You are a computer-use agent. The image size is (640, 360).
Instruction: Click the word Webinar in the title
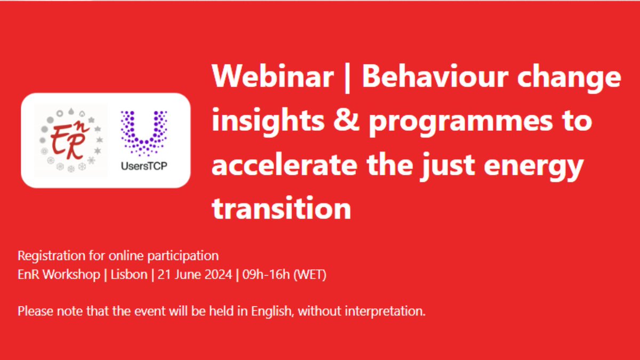(273, 76)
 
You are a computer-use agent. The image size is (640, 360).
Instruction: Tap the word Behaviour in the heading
(435, 76)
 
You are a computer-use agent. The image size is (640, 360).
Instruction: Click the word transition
(281, 207)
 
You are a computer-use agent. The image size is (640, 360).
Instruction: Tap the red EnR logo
(70, 140)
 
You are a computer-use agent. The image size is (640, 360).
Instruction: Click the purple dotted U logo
(144, 133)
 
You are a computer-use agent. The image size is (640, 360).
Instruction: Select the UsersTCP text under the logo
(144, 166)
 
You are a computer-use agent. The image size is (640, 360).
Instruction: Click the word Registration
(51, 256)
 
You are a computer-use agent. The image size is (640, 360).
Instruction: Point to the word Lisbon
(129, 275)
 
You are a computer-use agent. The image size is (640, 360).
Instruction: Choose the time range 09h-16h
(266, 275)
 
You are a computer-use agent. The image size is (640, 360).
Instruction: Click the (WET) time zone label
(310, 275)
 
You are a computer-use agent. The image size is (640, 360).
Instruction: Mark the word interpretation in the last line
(385, 311)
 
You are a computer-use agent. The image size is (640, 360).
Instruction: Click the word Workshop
(71, 275)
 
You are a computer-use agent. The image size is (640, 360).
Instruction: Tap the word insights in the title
(268, 122)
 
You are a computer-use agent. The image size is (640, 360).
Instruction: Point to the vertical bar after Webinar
(347, 78)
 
